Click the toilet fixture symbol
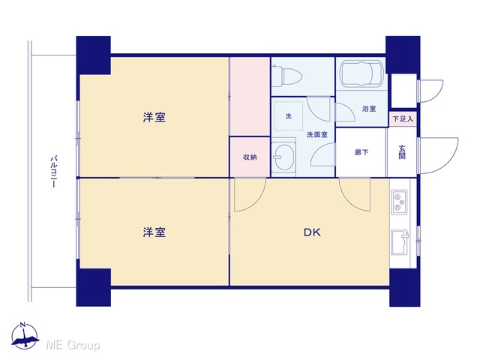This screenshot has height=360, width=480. (x=286, y=75)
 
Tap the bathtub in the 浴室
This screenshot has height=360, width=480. (x=361, y=73)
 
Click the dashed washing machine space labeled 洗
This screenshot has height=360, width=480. (x=288, y=116)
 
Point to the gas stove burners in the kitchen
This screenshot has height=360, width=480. (x=400, y=202)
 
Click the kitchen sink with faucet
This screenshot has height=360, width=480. (x=400, y=241)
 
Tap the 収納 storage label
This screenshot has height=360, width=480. (x=250, y=157)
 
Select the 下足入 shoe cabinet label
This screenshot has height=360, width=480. (x=403, y=118)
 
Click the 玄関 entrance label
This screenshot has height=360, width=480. (x=402, y=152)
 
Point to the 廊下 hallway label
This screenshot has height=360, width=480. (x=361, y=152)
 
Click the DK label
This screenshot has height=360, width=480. (x=312, y=232)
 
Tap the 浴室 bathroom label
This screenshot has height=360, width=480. (x=369, y=109)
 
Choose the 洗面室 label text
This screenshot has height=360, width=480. (x=317, y=135)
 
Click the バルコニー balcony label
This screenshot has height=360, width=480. (x=53, y=172)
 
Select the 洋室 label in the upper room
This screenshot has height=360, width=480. (x=154, y=117)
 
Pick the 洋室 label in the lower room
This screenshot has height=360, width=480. (x=154, y=232)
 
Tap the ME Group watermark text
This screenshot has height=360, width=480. (x=73, y=345)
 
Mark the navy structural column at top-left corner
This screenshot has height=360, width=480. (x=93, y=55)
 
